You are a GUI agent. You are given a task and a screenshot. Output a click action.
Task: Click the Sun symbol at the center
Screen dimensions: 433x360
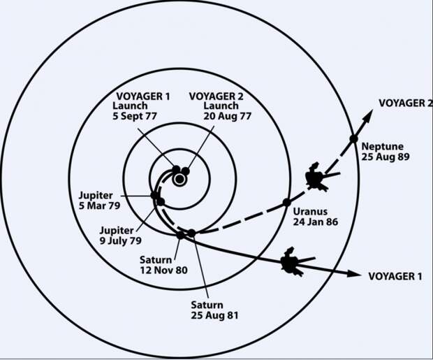pyautogui.click(x=179, y=180)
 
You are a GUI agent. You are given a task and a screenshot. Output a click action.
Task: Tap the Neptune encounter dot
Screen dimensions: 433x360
pyautogui.click(x=354, y=138)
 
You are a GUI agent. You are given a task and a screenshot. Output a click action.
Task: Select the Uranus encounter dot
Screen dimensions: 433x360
pyautogui.click(x=287, y=203)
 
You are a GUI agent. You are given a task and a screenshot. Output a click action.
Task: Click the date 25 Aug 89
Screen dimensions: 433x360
pyautogui.click(x=386, y=157)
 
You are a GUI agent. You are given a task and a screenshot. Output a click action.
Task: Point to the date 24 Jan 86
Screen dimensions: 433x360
pyautogui.click(x=316, y=222)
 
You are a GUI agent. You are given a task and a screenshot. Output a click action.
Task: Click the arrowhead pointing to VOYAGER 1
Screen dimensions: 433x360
pyautogui.click(x=354, y=274)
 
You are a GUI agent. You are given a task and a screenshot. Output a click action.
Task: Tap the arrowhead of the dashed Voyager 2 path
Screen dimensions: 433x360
pyautogui.click(x=367, y=116)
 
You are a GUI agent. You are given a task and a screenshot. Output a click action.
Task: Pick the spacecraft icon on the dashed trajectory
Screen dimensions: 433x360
pyautogui.click(x=321, y=177)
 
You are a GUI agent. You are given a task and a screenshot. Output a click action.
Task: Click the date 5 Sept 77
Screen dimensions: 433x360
pyautogui.click(x=135, y=116)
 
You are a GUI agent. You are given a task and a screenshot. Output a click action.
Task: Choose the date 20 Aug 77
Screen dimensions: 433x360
pyautogui.click(x=227, y=116)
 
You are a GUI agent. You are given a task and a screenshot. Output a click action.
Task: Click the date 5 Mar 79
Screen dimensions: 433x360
pyautogui.click(x=99, y=206)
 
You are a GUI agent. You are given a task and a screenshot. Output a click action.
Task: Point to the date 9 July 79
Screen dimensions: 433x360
pyautogui.click(x=120, y=240)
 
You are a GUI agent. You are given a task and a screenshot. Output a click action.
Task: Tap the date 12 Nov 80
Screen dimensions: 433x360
pyautogui.click(x=163, y=270)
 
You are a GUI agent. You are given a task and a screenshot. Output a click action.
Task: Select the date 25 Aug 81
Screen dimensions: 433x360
pyautogui.click(x=214, y=315)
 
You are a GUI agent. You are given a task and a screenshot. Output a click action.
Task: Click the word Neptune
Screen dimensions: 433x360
pyautogui.click(x=383, y=146)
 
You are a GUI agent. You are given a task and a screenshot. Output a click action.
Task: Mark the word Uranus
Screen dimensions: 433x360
pyautogui.click(x=310, y=212)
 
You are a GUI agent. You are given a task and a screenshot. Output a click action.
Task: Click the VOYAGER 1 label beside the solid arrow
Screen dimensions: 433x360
pyautogui.click(x=395, y=276)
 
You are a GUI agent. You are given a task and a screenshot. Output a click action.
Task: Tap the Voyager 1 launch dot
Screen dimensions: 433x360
pyautogui.click(x=176, y=169)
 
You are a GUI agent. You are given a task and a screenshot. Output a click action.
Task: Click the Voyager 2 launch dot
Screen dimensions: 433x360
pyautogui.click(x=186, y=171)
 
